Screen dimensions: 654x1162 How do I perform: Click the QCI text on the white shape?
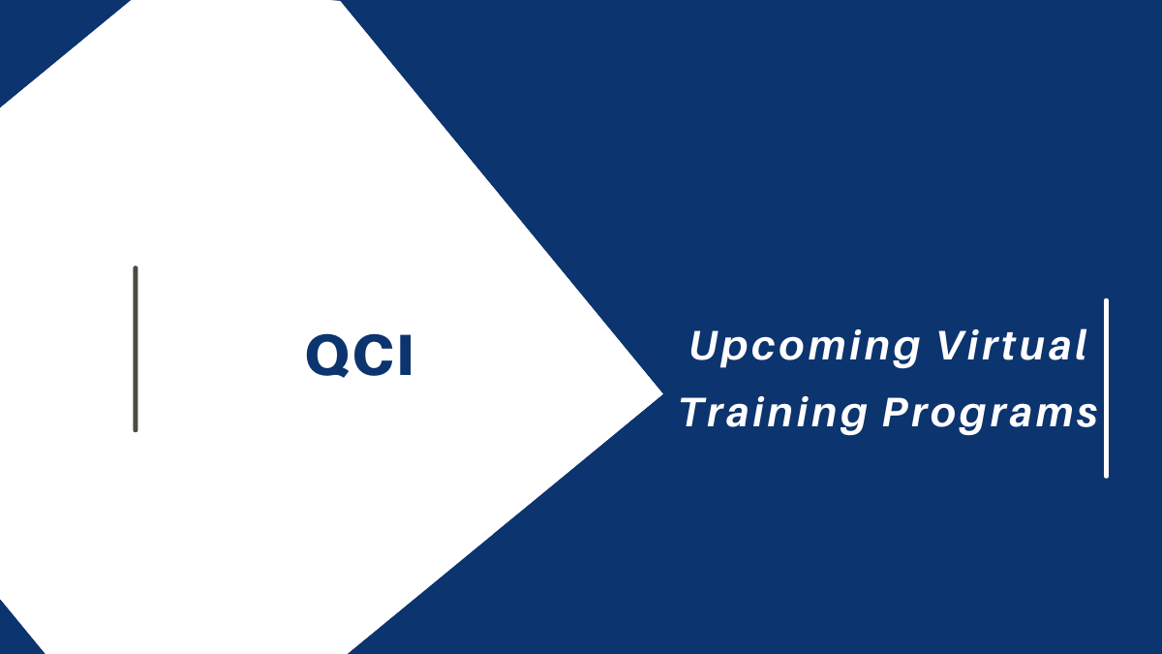[359, 357]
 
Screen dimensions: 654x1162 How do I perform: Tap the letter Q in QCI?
[323, 357]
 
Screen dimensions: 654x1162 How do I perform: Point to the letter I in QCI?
[405, 357]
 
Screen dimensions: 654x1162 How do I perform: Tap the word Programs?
[990, 414]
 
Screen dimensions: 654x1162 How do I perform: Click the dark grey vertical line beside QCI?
[136, 349]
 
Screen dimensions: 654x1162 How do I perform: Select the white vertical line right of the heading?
[1106, 388]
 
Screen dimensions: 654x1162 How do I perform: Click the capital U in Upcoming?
[705, 347]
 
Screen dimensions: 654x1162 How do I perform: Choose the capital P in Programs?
[896, 412]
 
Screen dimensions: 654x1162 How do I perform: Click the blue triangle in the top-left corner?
[39, 34]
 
